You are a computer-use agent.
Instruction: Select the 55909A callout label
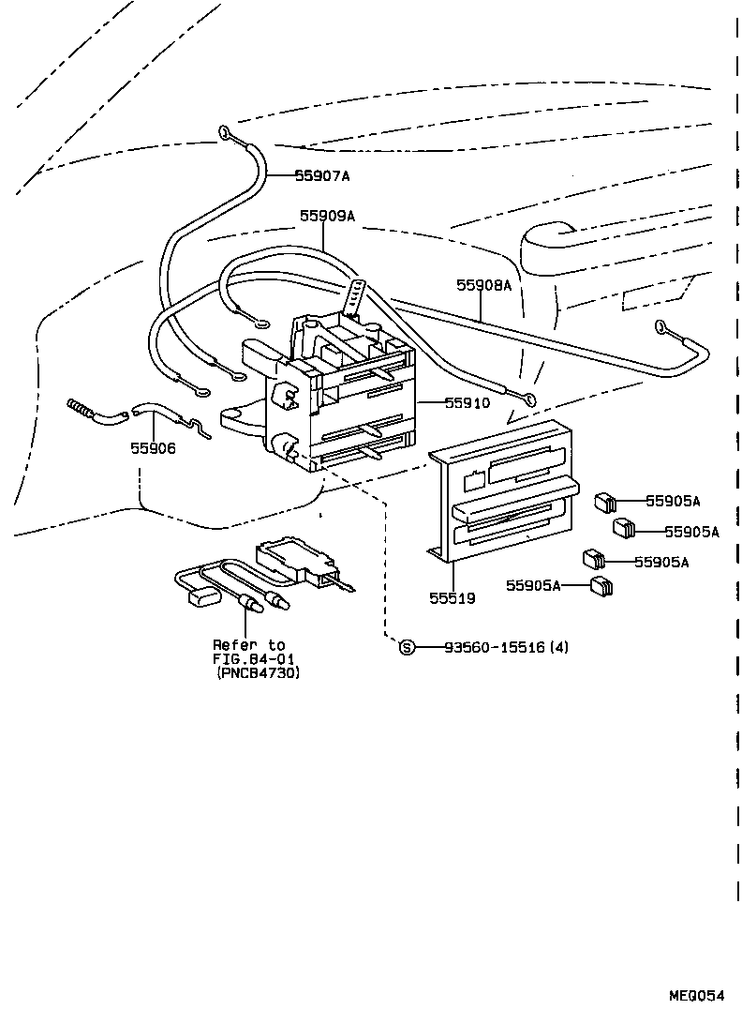[x=327, y=216]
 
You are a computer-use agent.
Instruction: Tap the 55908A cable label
[x=483, y=285]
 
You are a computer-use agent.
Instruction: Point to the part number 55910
[x=467, y=403]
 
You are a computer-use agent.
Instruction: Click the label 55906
[x=153, y=448]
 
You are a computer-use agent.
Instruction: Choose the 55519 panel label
[x=453, y=597]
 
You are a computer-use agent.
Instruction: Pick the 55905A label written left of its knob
[x=533, y=586]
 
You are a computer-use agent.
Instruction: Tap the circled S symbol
[x=407, y=647]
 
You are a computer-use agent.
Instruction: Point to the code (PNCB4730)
[x=260, y=672]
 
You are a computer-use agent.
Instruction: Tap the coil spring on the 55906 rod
[x=83, y=408]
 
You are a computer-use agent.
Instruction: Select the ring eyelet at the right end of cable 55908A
[x=662, y=327]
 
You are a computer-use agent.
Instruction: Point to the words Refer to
[x=248, y=645]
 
